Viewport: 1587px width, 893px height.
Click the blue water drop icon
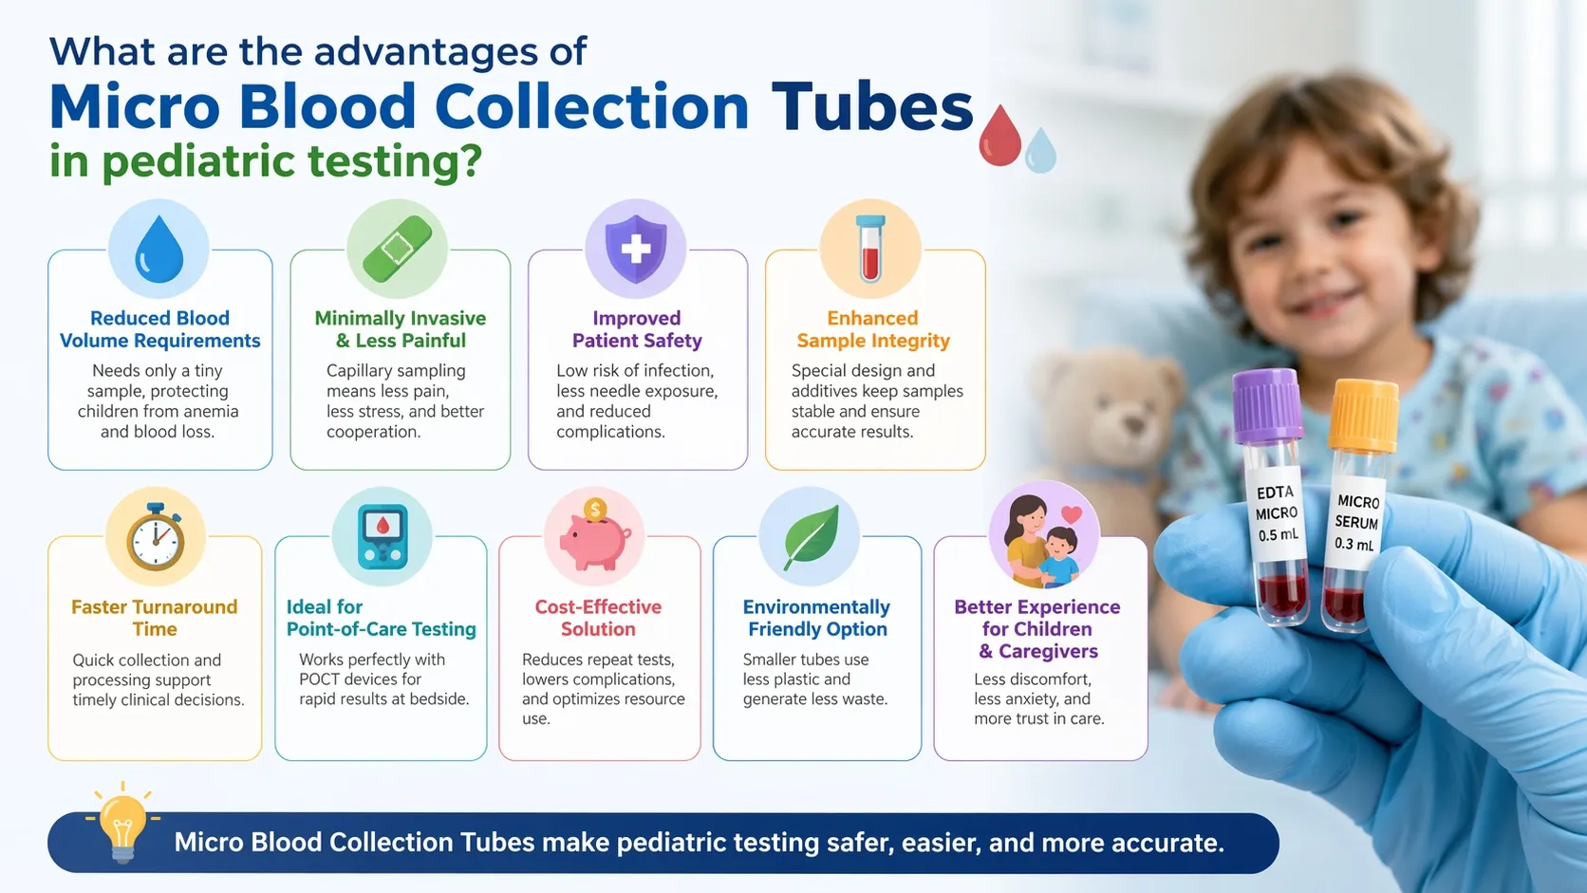point(159,249)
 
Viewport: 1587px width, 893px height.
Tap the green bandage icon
point(397,249)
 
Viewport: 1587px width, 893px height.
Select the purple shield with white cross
point(636,248)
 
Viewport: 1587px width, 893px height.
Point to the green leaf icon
point(812,537)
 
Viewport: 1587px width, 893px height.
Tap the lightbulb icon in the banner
point(122,823)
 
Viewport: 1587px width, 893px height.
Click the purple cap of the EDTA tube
point(1267,405)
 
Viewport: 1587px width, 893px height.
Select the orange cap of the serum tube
point(1363,415)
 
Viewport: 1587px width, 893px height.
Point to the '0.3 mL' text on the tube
point(1354,544)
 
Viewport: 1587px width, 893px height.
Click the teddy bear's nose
point(1133,425)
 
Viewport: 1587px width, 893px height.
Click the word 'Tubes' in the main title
point(872,107)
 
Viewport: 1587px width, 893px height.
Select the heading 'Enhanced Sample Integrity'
point(873,329)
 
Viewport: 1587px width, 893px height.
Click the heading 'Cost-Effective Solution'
point(598,618)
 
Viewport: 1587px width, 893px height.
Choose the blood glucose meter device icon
point(383,537)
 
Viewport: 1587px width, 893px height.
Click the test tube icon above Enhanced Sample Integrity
point(870,249)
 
